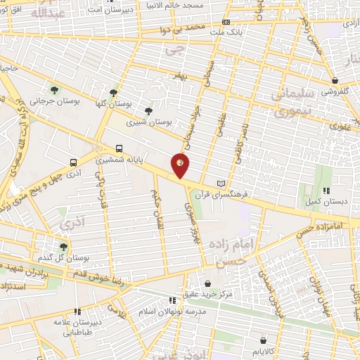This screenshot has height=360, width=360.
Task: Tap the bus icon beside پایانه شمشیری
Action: click(x=119, y=148)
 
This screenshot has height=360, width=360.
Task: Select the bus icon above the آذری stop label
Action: click(x=74, y=162)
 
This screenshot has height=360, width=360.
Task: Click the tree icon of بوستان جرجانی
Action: click(x=54, y=90)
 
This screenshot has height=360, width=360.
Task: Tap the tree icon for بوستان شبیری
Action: click(x=148, y=110)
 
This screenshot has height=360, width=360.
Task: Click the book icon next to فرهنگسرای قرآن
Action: click(x=223, y=183)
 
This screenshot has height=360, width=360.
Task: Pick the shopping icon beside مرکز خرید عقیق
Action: click(x=209, y=283)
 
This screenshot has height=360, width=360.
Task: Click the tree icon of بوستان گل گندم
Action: click(x=63, y=246)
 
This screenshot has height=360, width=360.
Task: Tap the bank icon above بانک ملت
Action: click(x=225, y=22)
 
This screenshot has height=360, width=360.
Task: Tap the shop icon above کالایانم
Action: click(x=262, y=338)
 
